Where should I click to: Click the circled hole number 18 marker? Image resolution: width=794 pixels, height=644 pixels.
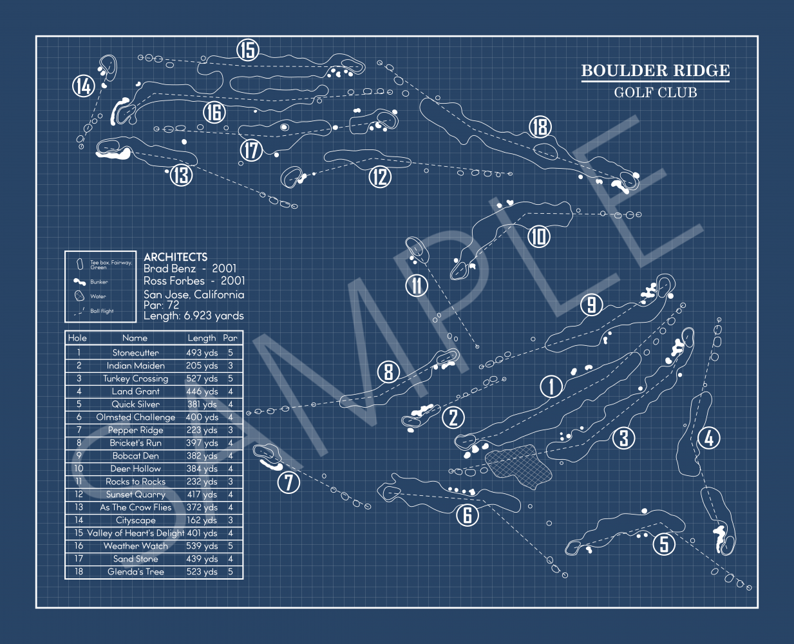[x=540, y=127]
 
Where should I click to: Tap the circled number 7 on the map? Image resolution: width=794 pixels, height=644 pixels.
[x=288, y=482]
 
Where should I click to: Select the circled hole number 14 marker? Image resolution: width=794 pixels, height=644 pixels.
[x=84, y=86]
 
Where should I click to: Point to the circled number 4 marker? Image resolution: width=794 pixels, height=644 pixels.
[x=709, y=438]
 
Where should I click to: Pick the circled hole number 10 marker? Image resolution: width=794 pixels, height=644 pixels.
[x=539, y=236]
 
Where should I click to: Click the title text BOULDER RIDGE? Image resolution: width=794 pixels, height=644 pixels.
[x=655, y=71]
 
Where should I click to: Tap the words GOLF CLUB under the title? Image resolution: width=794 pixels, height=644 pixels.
[x=655, y=93]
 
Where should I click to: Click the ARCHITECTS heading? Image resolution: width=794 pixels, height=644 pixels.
[x=175, y=256]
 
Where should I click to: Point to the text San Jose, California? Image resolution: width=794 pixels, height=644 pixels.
[x=194, y=294]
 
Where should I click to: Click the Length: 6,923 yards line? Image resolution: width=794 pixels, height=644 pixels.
[x=194, y=316]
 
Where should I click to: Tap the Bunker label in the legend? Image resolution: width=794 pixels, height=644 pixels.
[x=99, y=282]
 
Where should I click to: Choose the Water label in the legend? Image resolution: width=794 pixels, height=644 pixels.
[x=98, y=297]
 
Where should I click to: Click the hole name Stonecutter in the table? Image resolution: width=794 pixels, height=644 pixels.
[x=135, y=353]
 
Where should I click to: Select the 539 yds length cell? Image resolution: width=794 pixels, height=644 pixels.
[x=202, y=546]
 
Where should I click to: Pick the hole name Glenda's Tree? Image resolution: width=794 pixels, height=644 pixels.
[x=135, y=572]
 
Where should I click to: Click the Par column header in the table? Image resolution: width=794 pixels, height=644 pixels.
[x=230, y=338]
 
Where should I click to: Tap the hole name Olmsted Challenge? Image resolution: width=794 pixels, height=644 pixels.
[x=135, y=417]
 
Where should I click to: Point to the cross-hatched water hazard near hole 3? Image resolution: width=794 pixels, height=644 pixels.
[x=518, y=467]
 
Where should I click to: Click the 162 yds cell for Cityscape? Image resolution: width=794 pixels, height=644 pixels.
[x=202, y=520]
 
